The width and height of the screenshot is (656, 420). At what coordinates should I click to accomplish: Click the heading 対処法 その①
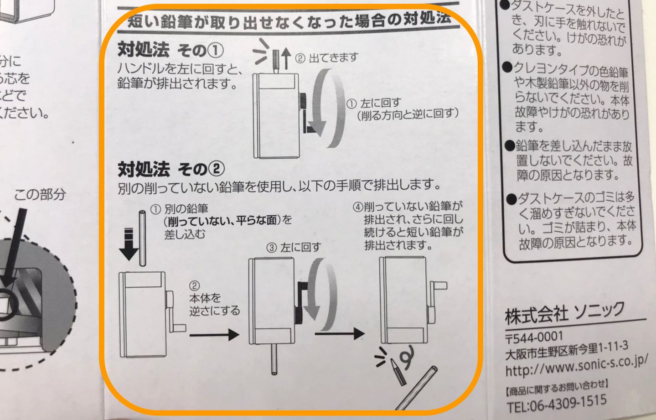tap(170, 49)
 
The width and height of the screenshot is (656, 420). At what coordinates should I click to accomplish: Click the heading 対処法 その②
tap(171, 169)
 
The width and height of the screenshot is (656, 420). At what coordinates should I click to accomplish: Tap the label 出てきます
tap(333, 58)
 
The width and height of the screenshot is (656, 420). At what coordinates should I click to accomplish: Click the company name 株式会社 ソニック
tap(564, 312)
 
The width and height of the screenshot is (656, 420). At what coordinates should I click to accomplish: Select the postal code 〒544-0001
tap(534, 338)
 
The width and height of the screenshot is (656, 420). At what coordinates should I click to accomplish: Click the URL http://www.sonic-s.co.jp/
tap(576, 365)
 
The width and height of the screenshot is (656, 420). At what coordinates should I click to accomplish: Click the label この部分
tap(40, 195)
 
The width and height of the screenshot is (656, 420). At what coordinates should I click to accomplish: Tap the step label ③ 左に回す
tap(294, 248)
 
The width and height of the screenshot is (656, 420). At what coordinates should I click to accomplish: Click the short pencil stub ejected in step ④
tap(398, 372)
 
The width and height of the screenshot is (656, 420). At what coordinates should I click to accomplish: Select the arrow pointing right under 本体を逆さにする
tap(214, 335)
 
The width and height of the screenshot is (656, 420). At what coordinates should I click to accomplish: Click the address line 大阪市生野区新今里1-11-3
tap(566, 351)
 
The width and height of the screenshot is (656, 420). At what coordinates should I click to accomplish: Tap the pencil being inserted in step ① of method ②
tap(143, 238)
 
